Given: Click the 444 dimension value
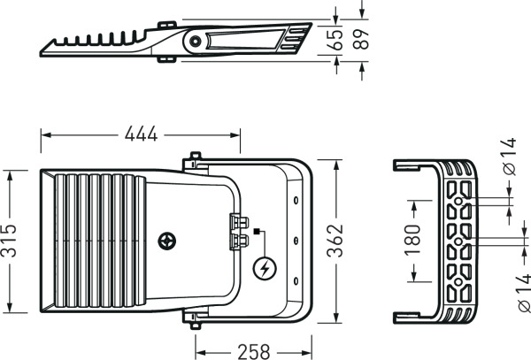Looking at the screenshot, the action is tap(141, 134).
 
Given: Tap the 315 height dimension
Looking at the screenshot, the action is tap(9, 241).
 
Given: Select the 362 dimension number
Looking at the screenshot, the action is tap(335, 241).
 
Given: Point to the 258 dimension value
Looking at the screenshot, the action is tap(254, 352).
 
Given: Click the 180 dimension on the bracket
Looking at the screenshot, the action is tap(412, 240).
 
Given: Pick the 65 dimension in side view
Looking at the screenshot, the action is tap(335, 40).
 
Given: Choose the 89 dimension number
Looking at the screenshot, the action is tap(361, 39).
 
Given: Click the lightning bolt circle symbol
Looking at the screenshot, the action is tap(265, 269).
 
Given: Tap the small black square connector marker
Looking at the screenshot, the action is tap(257, 232).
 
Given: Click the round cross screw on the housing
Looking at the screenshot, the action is tap(167, 241).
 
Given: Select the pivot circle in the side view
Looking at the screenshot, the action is tap(195, 42).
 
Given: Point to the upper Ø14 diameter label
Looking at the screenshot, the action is tap(510, 157).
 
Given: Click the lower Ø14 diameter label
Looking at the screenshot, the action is tap(524, 293).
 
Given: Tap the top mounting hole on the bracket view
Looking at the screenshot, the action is tap(458, 202).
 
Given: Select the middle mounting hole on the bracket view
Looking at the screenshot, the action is tap(458, 241).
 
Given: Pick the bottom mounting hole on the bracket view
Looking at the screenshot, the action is tap(458, 282).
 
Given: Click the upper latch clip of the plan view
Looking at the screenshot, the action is tap(239, 222).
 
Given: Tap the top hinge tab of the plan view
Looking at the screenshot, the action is tap(195, 156).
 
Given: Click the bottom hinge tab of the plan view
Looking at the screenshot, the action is tap(195, 326).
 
